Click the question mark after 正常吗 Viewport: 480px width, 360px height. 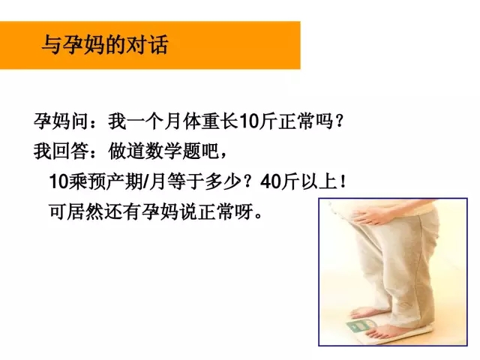[x=339, y=121]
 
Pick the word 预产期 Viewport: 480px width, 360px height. [x=115, y=181]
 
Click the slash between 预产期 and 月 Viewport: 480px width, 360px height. [x=145, y=181]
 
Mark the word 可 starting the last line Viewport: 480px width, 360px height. [x=58, y=211]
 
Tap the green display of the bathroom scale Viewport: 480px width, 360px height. [x=359, y=325]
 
